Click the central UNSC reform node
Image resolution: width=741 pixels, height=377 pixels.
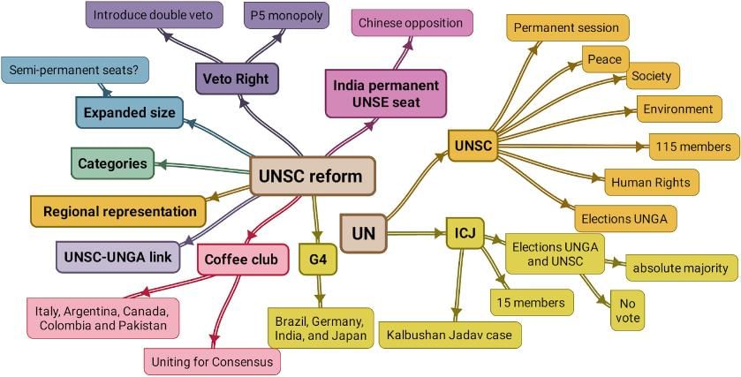313,176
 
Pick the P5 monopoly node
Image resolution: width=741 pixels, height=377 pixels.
284,15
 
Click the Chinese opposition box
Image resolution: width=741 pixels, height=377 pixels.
412,23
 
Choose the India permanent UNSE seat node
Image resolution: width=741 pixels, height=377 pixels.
385,94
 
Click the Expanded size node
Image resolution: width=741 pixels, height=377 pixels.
130,113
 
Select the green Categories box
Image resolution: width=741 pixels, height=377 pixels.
112,163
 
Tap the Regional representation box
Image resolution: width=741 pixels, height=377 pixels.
119,211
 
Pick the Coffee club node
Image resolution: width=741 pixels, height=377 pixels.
242,260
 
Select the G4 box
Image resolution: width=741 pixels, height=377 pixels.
318,260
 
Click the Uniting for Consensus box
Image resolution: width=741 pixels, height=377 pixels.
212,360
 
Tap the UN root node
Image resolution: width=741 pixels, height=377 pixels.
363,234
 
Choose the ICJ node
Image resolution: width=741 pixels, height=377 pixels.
465,233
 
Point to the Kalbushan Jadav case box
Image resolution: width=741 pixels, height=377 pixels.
450,335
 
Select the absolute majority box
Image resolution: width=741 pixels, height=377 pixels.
680,267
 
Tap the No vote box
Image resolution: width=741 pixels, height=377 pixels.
628,312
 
